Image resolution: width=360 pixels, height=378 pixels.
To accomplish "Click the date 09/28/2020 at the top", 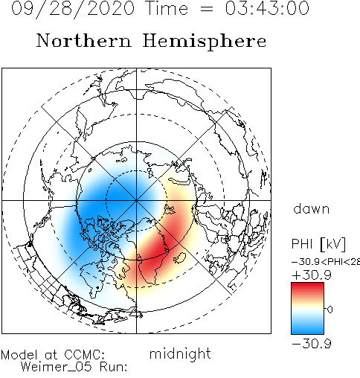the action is tap(73, 8).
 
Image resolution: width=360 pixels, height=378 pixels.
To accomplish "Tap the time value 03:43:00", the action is tap(267, 8).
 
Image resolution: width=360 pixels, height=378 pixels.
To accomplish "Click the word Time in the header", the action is tap(167, 8).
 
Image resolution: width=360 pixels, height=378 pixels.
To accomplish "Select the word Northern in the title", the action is tap(84, 40).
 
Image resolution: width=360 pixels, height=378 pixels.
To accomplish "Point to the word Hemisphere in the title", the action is tap(205, 42).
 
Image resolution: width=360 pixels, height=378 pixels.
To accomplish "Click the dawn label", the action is tap(312, 209).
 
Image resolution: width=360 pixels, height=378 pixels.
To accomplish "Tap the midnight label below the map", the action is tap(180, 353).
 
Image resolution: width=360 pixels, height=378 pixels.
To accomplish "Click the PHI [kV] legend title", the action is tap(318, 244).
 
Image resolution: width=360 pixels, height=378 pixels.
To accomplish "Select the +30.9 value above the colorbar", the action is tap(312, 275).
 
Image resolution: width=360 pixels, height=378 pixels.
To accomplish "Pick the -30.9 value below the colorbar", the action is tap(312, 344).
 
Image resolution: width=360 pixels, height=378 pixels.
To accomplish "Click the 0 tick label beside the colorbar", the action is tap(330, 310).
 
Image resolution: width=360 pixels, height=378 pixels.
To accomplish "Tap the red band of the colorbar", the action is tap(307, 289).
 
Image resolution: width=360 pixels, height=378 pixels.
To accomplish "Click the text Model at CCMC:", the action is tap(53, 354).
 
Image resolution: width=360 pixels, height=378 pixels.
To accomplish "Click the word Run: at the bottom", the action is tap(114, 367).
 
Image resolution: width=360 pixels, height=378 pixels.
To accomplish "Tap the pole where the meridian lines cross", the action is tap(136, 200).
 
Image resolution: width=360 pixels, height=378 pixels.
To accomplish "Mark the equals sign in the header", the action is tap(207, 8).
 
